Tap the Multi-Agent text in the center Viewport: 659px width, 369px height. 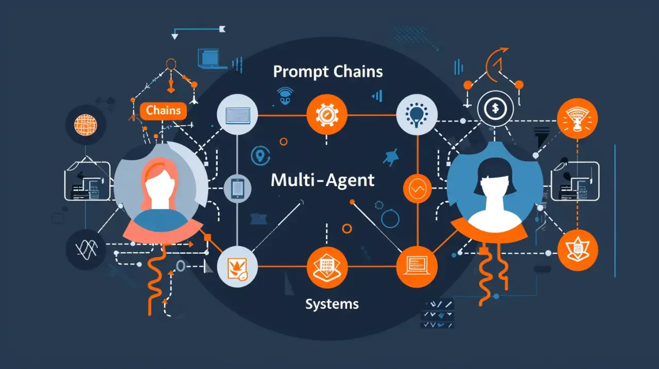point(323,180)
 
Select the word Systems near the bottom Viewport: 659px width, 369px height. point(332,304)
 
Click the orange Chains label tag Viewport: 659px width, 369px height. point(163,110)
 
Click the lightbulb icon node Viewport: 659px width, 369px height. point(417,115)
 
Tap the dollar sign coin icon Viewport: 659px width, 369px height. point(495,109)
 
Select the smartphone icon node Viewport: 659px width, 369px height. point(237,188)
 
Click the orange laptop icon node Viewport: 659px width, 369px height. point(417,267)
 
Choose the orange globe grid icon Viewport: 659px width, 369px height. point(85,124)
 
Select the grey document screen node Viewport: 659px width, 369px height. point(237,114)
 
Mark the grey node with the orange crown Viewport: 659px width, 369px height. point(237,267)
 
